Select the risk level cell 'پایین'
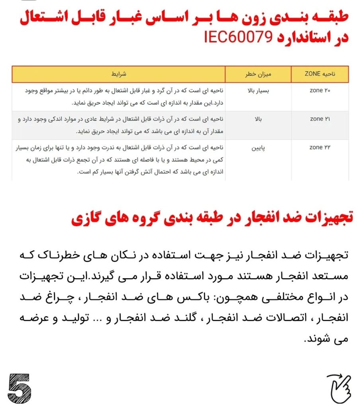pyautogui.click(x=256, y=147)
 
